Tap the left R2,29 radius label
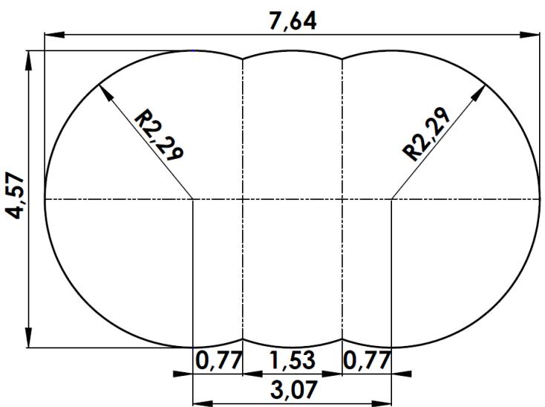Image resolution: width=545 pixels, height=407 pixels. pos(160,135)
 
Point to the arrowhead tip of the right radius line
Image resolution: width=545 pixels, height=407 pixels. pos(489,83)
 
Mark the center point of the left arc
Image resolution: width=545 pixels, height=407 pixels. pos(193,199)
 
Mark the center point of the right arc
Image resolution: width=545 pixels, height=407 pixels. pos(391,199)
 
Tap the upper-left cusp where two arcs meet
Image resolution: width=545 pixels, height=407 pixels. pos(243,59)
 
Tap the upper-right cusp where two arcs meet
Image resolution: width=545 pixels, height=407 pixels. pos(342,59)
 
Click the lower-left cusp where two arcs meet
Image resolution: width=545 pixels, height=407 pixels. pos(243,339)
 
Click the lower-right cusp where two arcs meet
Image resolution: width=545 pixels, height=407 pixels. pos(342,339)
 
